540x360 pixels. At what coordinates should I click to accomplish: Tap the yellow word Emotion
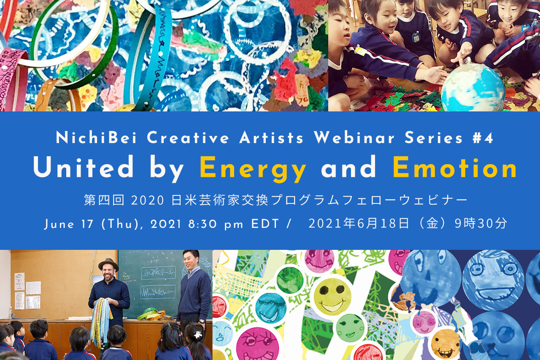tap(455, 167)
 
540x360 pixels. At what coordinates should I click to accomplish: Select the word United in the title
tap(84, 167)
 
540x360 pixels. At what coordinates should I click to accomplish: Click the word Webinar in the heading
tap(354, 138)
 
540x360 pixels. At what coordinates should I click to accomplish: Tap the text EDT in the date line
tap(265, 224)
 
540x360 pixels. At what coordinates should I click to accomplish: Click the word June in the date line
tap(59, 225)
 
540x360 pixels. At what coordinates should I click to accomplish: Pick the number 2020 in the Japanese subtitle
tap(148, 200)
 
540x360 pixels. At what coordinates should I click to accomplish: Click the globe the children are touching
tap(472, 87)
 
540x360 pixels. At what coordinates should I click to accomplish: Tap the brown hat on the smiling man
tap(108, 265)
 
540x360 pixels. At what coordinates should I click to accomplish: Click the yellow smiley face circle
tap(330, 295)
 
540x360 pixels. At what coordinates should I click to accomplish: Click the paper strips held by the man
tap(101, 321)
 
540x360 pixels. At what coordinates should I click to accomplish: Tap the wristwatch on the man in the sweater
tap(202, 322)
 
